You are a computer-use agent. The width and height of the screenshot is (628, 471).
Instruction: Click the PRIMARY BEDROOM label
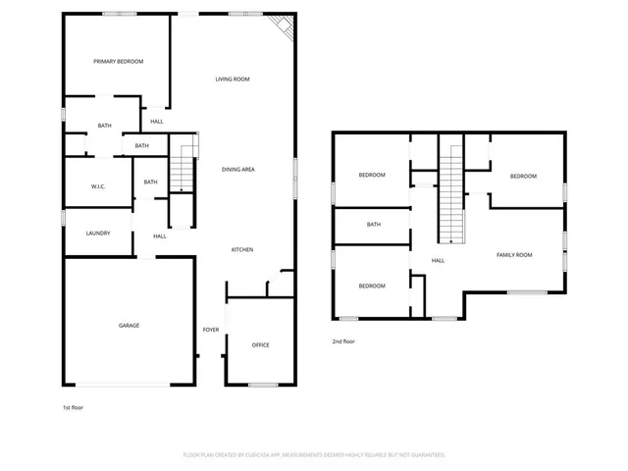[x=118, y=62]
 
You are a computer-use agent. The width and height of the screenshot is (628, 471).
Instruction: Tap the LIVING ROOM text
[x=233, y=78]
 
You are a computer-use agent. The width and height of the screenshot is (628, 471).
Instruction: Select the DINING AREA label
[x=238, y=170]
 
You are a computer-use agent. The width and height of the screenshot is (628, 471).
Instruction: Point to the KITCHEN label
[x=242, y=250]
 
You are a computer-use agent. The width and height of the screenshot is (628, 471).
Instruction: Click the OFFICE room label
[x=260, y=345]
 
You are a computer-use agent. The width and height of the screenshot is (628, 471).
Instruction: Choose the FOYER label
[x=211, y=330]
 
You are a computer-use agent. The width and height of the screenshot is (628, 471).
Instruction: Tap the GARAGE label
[x=130, y=326]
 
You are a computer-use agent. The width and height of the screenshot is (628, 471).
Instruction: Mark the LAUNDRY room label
[x=97, y=234]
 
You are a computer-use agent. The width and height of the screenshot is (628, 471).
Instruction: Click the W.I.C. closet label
[x=98, y=186]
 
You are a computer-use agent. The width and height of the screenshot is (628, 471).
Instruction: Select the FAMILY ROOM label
[x=514, y=255]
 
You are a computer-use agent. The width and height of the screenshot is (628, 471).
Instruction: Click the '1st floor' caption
[x=74, y=406]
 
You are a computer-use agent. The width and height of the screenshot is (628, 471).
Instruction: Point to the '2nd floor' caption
[x=342, y=341]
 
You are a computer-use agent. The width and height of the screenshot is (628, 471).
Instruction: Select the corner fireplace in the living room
[x=285, y=27]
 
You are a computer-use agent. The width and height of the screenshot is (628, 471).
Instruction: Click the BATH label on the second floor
[x=373, y=225]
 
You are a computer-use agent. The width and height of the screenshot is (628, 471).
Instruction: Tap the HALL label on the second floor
[x=439, y=260]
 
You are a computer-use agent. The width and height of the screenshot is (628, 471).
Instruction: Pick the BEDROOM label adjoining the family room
[x=523, y=176]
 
